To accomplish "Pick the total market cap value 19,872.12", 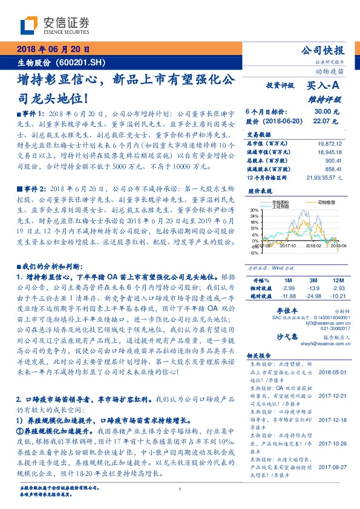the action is point(333,144).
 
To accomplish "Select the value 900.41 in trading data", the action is point(338,161).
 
